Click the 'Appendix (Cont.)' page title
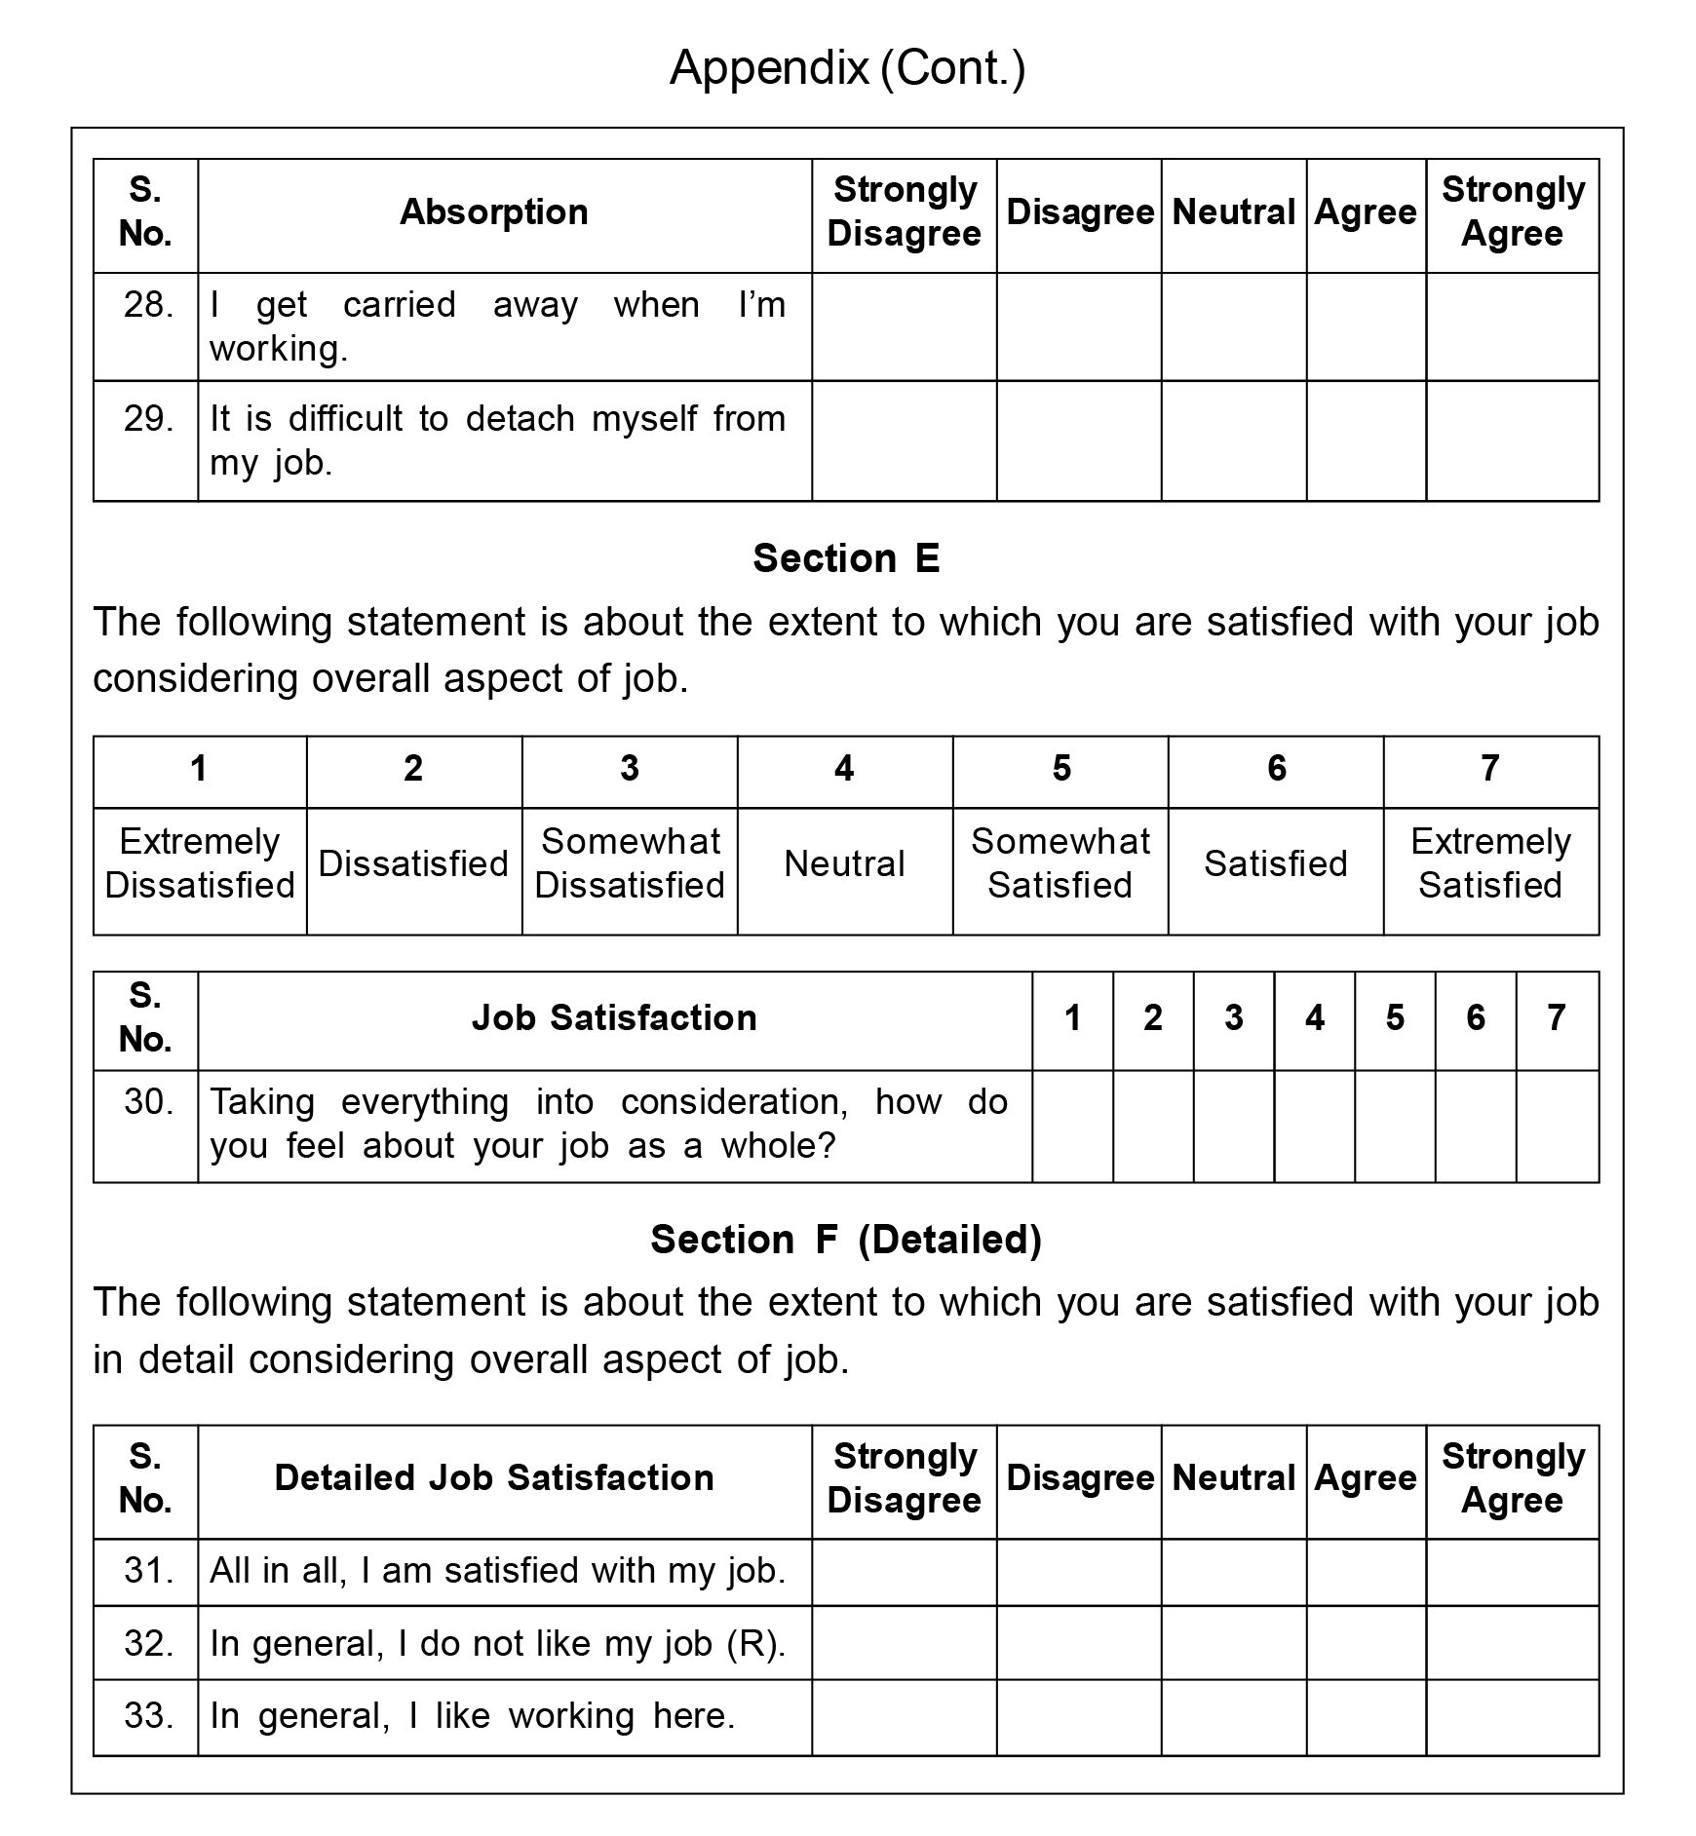click(847, 68)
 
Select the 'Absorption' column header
click(494, 212)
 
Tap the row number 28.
click(148, 305)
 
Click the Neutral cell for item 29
click(1233, 440)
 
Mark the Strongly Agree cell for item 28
click(1512, 326)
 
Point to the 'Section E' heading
click(846, 558)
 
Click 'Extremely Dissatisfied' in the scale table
click(200, 863)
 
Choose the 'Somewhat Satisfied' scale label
click(1060, 863)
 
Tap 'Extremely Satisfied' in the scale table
click(1490, 863)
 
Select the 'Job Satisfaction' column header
click(614, 1018)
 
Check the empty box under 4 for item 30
click(1314, 1126)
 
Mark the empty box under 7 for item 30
click(1557, 1126)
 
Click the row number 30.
click(148, 1102)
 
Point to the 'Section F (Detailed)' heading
click(846, 1240)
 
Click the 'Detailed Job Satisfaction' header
click(494, 1478)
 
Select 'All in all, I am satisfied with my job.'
click(497, 1571)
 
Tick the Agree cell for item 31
click(1366, 1572)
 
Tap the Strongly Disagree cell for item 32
click(904, 1643)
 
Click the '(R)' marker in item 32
click(755, 1644)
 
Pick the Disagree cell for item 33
click(1078, 1716)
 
